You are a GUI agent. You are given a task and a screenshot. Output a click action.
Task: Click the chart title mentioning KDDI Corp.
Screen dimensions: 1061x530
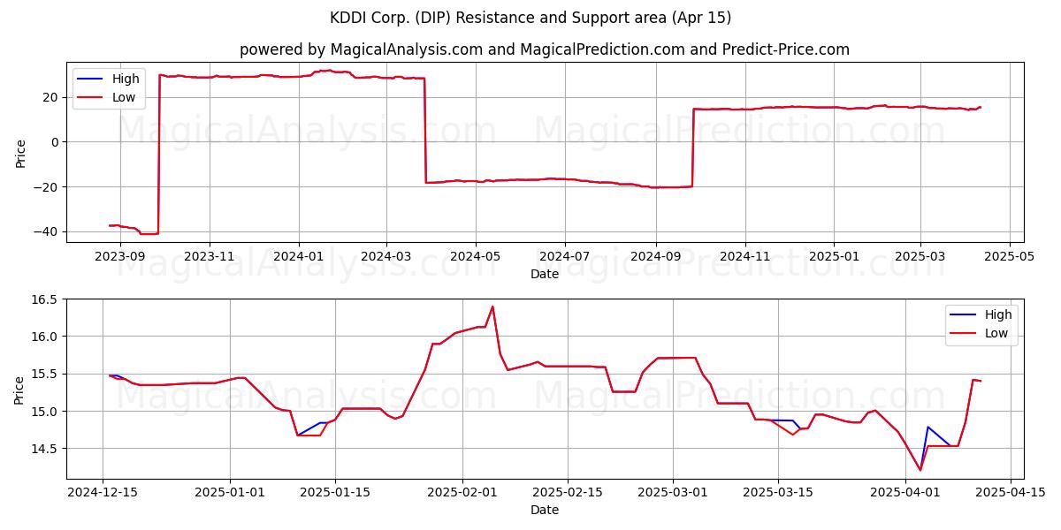coord(530,18)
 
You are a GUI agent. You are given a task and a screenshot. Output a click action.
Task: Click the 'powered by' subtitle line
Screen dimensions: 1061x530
coord(545,49)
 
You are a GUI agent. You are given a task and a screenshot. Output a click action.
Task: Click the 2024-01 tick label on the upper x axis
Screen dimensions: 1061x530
coord(299,256)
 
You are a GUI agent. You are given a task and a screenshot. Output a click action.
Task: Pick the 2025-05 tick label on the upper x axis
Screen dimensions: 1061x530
coord(1010,256)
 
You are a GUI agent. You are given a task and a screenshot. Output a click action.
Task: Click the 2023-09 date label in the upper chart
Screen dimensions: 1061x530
coord(120,256)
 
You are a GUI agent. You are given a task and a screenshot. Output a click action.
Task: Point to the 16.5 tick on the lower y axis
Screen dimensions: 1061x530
coord(44,299)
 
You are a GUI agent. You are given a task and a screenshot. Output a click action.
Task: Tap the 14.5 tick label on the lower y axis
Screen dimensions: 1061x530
coord(44,449)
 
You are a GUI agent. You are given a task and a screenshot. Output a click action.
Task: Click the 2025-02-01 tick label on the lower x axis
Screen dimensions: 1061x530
coord(462,492)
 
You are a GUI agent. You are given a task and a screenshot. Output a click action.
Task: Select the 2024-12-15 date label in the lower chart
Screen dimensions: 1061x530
coord(103,492)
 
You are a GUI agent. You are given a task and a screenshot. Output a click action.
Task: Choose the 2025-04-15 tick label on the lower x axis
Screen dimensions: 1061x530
coord(1011,492)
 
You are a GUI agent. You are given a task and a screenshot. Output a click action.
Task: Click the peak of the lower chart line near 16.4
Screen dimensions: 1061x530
coord(492,307)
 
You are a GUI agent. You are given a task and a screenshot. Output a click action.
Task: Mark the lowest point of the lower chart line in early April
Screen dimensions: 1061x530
coord(920,470)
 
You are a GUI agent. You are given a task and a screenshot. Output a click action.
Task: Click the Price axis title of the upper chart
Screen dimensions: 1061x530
coord(20,154)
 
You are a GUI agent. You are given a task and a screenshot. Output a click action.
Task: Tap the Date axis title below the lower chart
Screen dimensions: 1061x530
coord(545,510)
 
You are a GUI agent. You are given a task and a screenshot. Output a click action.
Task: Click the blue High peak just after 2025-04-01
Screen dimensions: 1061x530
coord(927,427)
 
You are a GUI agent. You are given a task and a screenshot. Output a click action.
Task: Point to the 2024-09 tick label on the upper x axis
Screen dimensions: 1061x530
coord(656,256)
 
